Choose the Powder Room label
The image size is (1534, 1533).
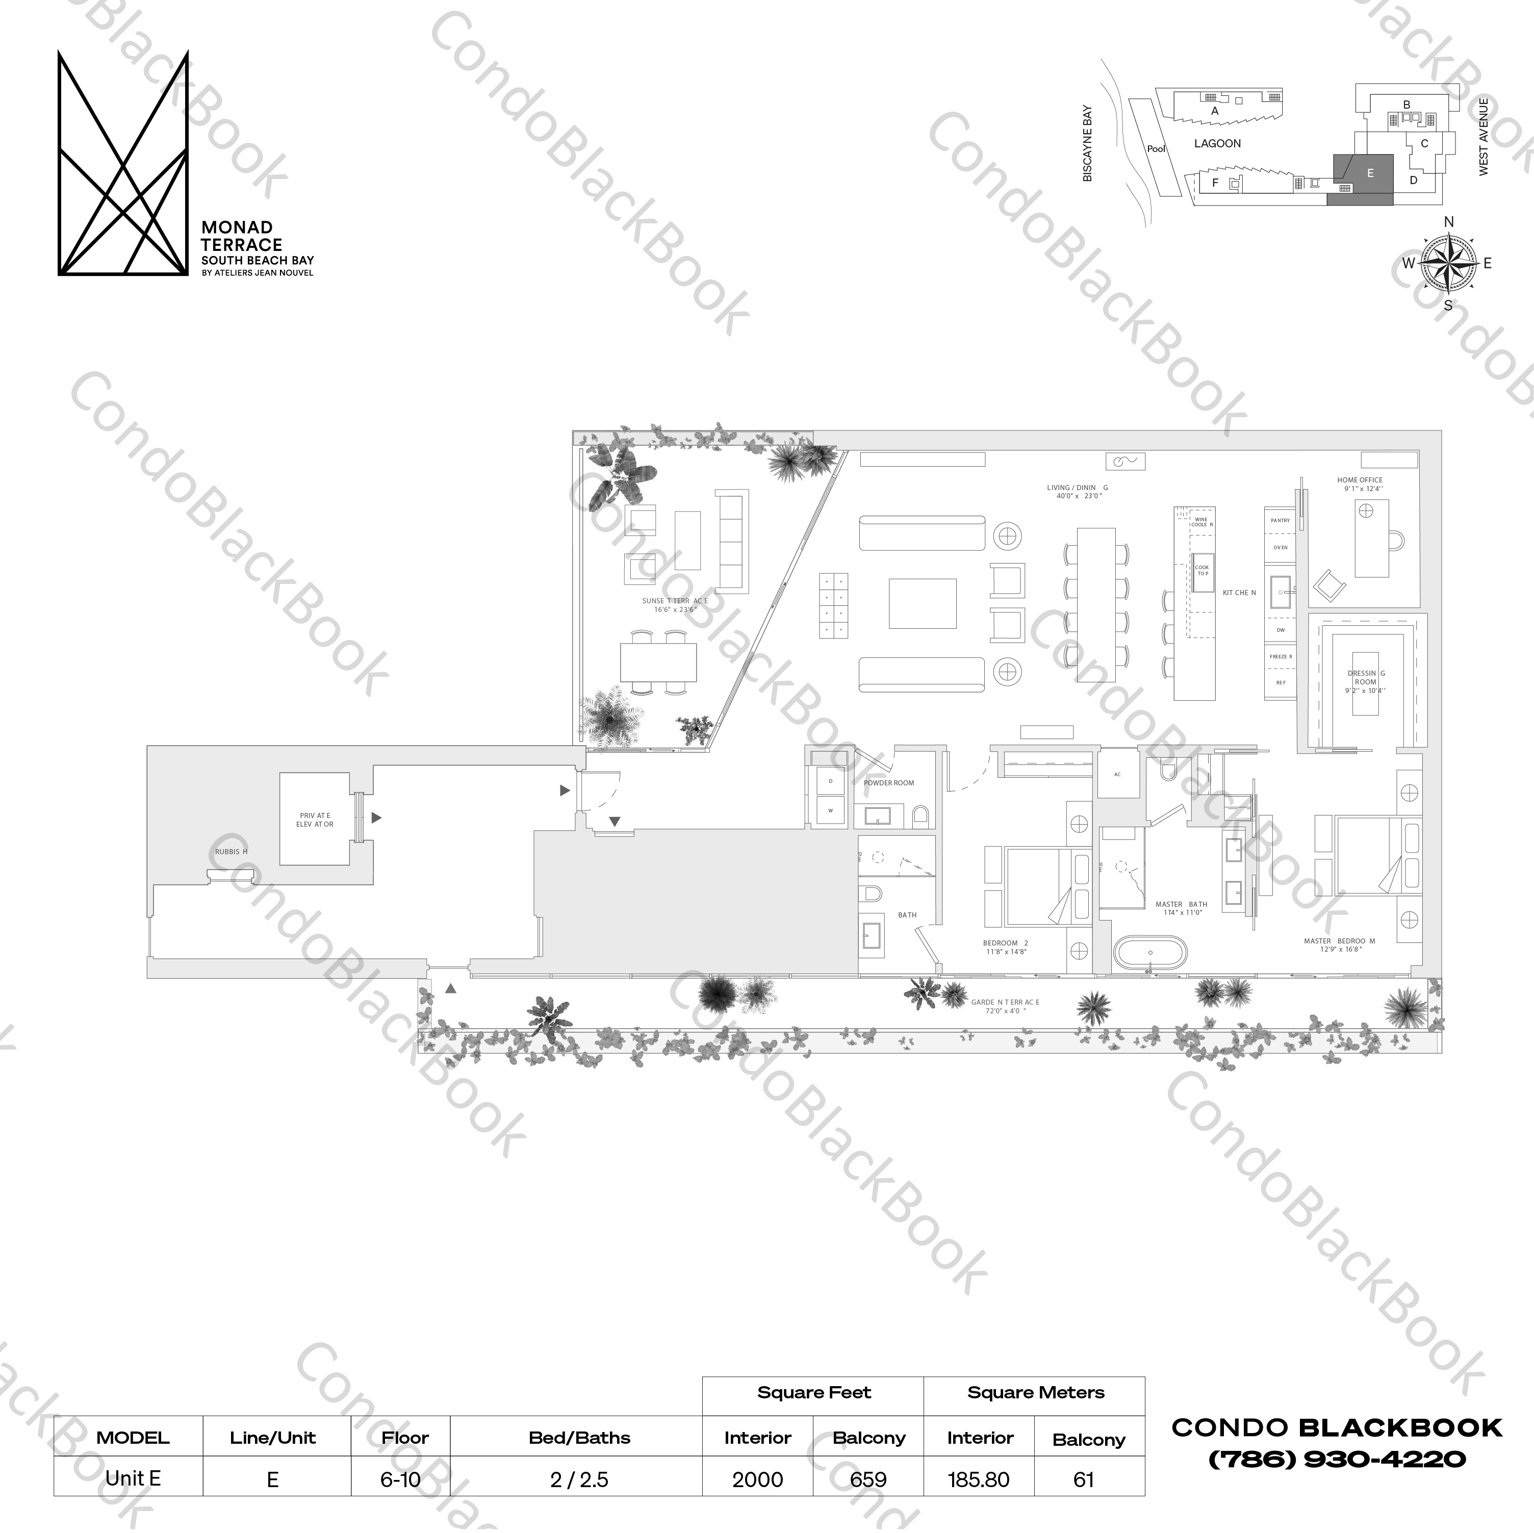point(888,783)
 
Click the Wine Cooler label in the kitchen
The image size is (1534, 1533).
point(1201,522)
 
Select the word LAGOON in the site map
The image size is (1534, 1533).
point(1217,144)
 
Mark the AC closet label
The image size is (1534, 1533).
point(1117,774)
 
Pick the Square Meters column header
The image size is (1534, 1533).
point(1035,1392)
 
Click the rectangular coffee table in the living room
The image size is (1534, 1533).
point(922,603)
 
